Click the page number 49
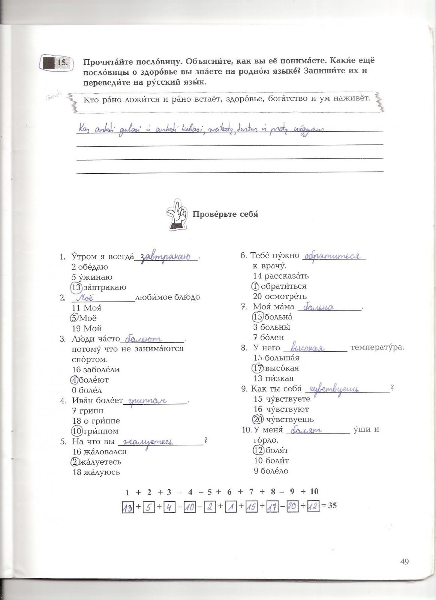[404, 561]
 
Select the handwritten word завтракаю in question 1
[166, 257]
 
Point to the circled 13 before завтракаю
[76, 287]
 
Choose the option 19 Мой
[87, 328]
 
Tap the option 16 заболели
[96, 369]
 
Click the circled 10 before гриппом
[77, 431]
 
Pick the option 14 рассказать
[281, 276]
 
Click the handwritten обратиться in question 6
[332, 256]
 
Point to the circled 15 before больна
[258, 317]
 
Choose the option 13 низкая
[273, 378]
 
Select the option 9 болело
[271, 471]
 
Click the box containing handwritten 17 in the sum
[271, 507]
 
